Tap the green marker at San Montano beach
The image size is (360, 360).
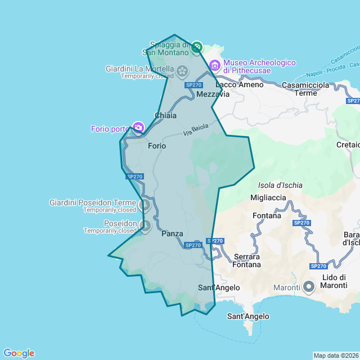[x=196, y=48]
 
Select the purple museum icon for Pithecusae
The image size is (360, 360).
[x=214, y=66]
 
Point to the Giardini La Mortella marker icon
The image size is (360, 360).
[x=182, y=71]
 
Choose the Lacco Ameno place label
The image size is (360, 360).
[x=239, y=84]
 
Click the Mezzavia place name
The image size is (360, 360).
[x=213, y=94]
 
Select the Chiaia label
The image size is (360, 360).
[x=165, y=115]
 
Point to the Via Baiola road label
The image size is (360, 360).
[x=196, y=130]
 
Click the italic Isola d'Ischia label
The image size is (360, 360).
[x=280, y=185]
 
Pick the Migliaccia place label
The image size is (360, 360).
[x=268, y=197]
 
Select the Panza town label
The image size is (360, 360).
[x=172, y=233]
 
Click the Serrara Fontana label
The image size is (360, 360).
[x=247, y=260]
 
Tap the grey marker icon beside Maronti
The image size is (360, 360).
[x=309, y=287]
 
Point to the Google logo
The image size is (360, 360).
[x=19, y=353]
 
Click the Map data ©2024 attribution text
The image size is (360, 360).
[x=335, y=355]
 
